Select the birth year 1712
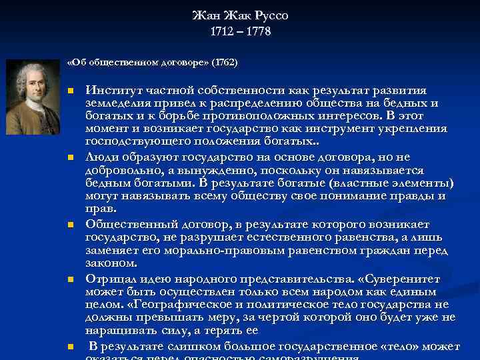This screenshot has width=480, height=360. pos(223,31)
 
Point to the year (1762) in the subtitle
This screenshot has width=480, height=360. pos(224,63)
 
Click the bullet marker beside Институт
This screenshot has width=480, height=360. pos(70,91)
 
